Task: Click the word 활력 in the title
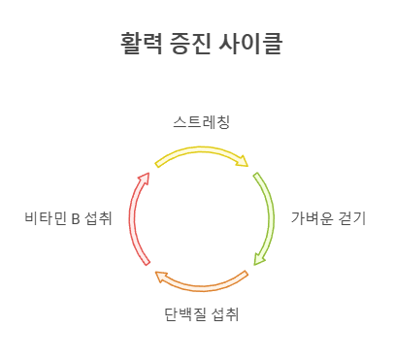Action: (140, 43)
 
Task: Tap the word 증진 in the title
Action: (194, 43)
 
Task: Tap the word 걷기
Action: (353, 218)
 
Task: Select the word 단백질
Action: (182, 314)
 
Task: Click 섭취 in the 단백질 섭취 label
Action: (224, 314)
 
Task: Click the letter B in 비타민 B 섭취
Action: (76, 218)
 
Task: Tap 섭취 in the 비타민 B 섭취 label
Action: (98, 218)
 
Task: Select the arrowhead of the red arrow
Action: (146, 179)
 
